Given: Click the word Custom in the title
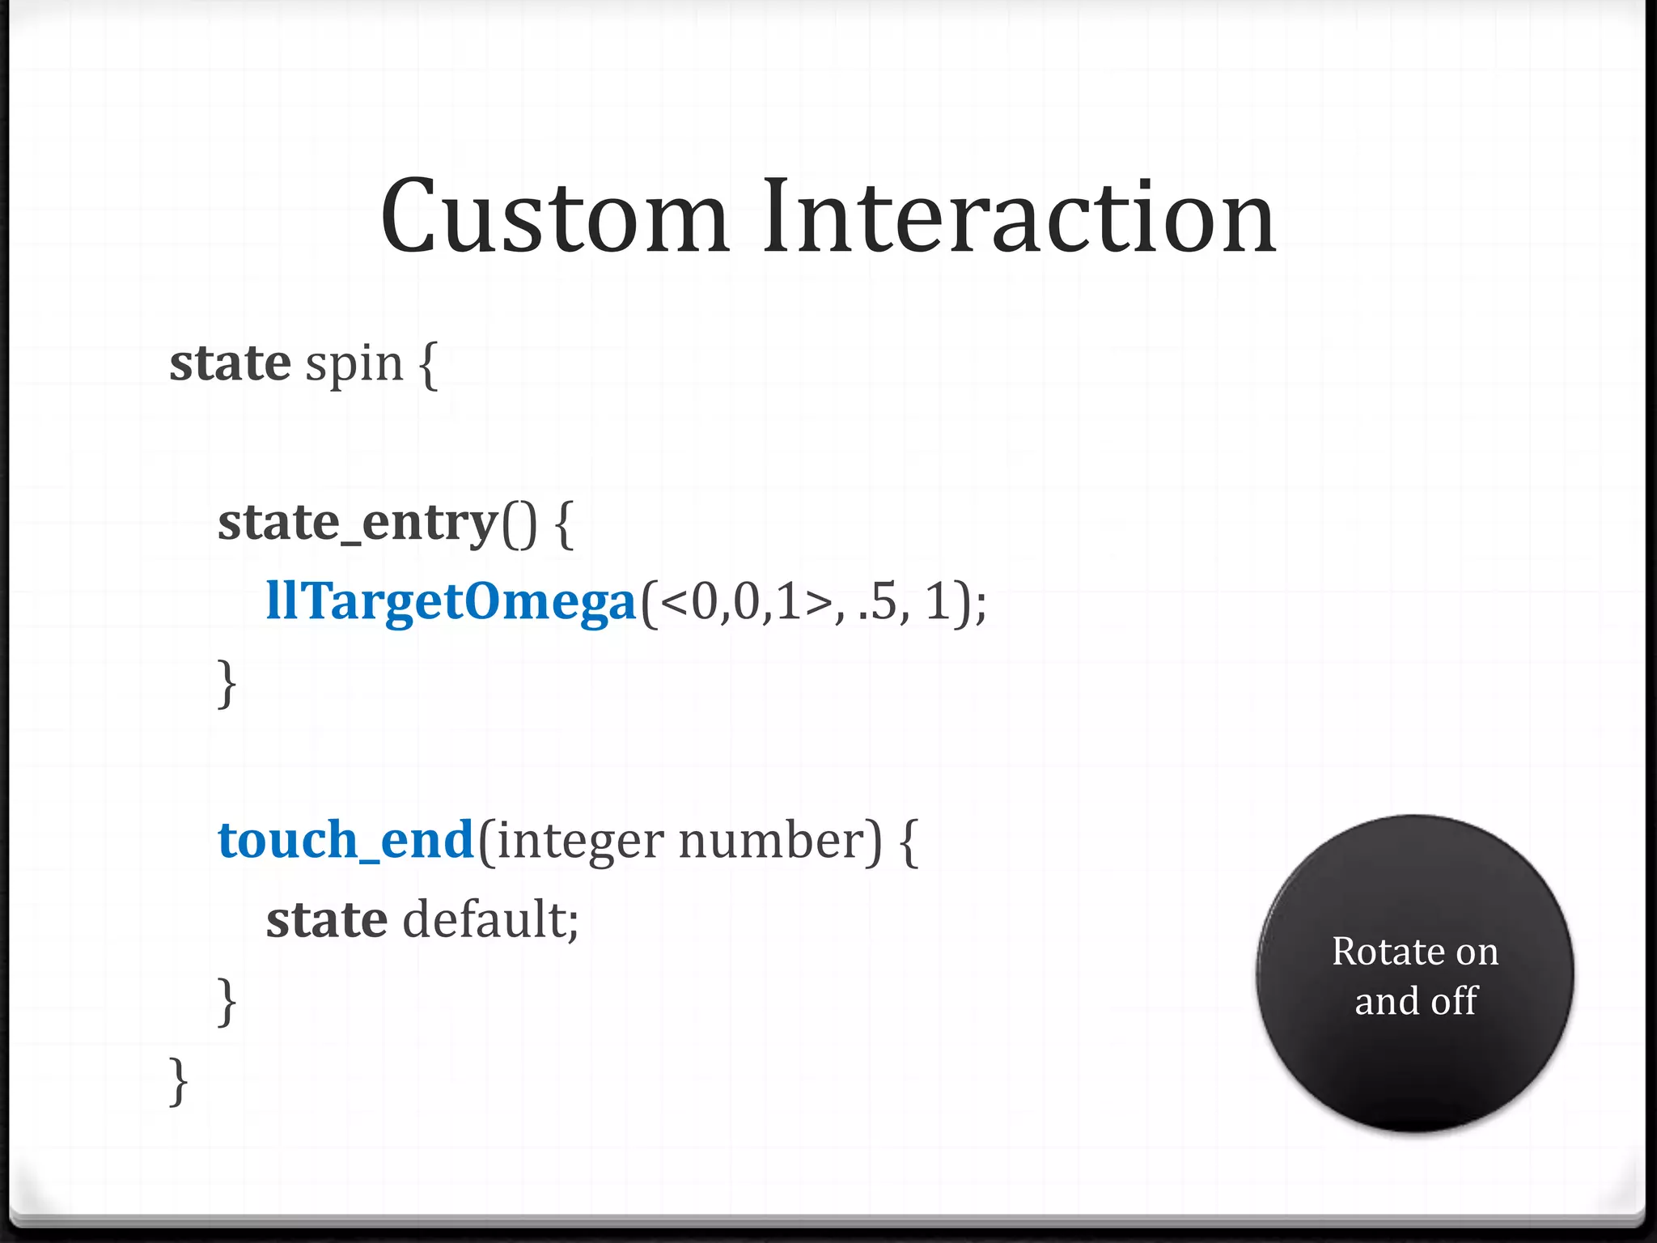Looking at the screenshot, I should (x=555, y=217).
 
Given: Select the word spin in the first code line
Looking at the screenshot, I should (x=354, y=365).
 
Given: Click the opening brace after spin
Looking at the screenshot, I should (x=429, y=365).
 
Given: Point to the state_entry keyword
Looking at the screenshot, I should (x=357, y=523).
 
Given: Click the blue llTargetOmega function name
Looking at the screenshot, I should (x=451, y=603).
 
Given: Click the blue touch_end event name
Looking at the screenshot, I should (x=345, y=840).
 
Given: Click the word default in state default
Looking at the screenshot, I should (x=490, y=920).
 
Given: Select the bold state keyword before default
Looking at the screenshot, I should (x=327, y=920).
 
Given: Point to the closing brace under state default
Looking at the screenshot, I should (x=227, y=1001).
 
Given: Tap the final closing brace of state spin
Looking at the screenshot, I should (x=179, y=1080).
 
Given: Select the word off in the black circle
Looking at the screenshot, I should (x=1454, y=1001).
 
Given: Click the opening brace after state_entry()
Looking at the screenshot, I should (x=565, y=524).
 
